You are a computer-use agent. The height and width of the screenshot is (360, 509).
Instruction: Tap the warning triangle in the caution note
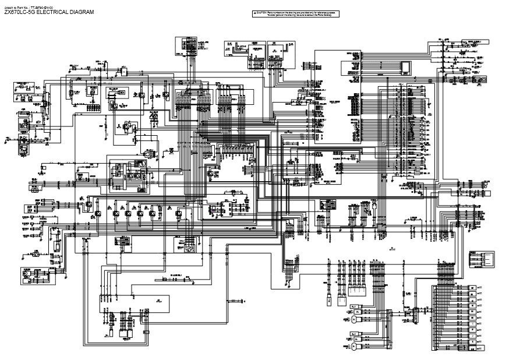pyautogui.click(x=254, y=12)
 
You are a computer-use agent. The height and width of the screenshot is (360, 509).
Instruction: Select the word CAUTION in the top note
pyautogui.click(x=261, y=12)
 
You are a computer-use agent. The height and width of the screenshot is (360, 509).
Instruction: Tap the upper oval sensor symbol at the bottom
pyautogui.click(x=354, y=319)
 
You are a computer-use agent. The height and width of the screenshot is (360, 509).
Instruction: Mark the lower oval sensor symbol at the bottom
pyautogui.click(x=354, y=347)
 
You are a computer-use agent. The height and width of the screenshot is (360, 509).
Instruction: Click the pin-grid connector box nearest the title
pyautogui.click(x=186, y=46)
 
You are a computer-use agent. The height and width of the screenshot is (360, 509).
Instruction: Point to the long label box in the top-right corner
pyautogui.click(x=474, y=43)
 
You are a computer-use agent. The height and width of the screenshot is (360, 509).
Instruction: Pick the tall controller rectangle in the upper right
pyautogui.click(x=338, y=96)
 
